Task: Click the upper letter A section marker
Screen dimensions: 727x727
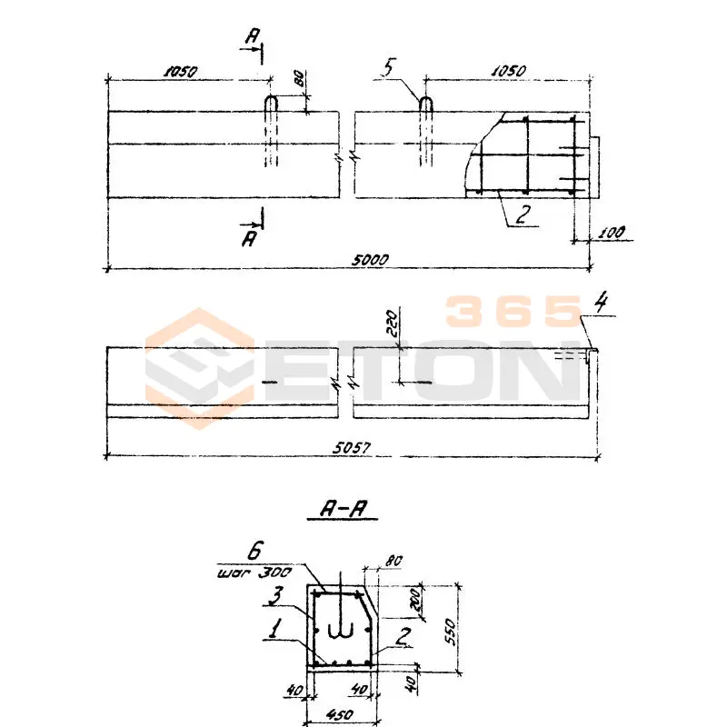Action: pos(255,36)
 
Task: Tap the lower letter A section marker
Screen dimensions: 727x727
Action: pos(248,238)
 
